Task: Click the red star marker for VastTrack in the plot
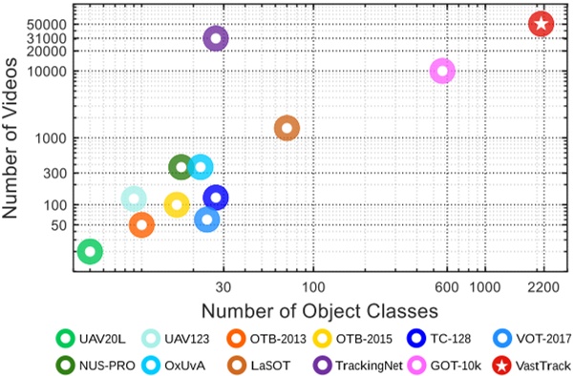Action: coord(541,24)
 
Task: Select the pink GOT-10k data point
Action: coord(442,71)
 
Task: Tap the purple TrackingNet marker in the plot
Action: coord(216,38)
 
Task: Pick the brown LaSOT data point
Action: coord(286,128)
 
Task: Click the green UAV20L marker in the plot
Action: coord(89,251)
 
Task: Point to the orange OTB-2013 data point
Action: coord(141,224)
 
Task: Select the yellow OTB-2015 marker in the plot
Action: coord(177,204)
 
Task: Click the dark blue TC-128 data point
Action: coord(216,198)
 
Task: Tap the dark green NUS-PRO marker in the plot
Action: coord(181,167)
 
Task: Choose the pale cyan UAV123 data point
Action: coord(135,198)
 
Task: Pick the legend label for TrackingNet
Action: coord(357,364)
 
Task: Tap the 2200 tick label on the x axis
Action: coord(541,288)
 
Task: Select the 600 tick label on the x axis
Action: coord(442,288)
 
